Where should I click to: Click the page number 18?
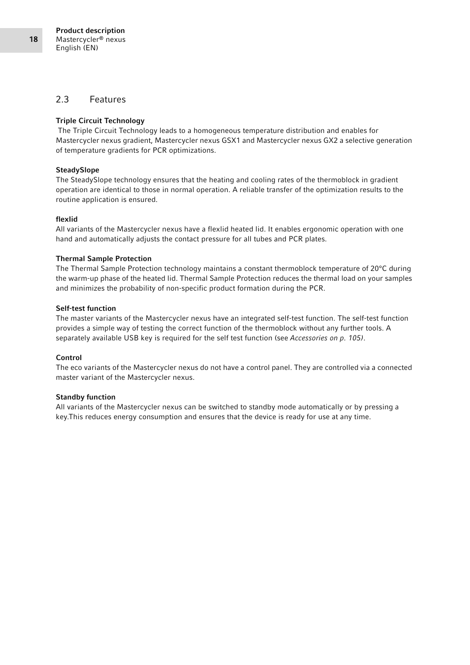click(x=34, y=39)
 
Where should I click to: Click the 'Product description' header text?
click(x=90, y=31)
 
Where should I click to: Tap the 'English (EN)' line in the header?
click(x=77, y=48)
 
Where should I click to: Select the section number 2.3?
click(x=63, y=100)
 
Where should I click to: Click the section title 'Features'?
click(x=107, y=100)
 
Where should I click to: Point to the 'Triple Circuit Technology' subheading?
click(x=100, y=121)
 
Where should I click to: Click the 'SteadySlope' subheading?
click(x=77, y=170)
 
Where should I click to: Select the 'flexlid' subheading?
click(x=67, y=219)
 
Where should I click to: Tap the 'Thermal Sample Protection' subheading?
click(x=103, y=259)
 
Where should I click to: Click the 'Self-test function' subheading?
click(x=86, y=308)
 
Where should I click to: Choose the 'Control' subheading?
click(x=68, y=358)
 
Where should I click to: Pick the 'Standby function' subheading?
click(x=85, y=397)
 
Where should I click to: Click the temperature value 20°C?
click(x=378, y=268)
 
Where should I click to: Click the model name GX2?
click(x=330, y=140)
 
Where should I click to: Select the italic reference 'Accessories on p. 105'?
click(x=326, y=338)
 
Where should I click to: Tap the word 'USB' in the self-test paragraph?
click(x=131, y=338)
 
